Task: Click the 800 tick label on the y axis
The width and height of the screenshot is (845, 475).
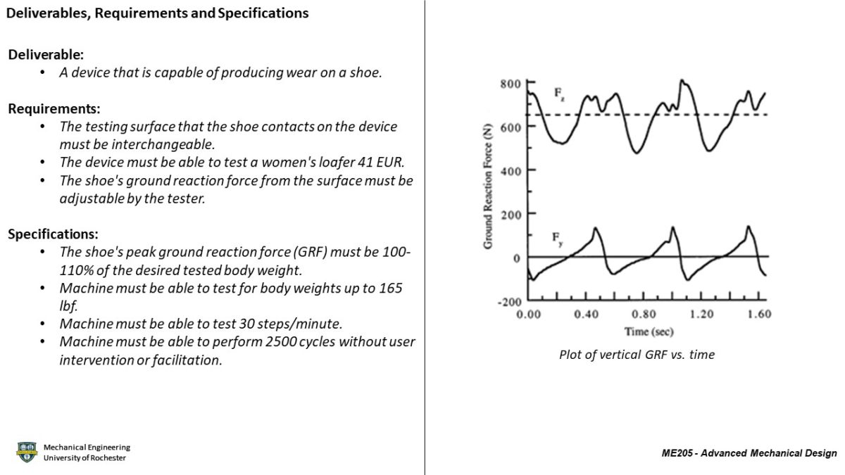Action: [510, 84]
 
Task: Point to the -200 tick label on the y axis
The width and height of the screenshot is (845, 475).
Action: [507, 302]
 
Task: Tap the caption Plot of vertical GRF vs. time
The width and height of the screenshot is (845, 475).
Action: [637, 355]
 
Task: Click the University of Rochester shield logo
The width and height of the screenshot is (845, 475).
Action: [27, 452]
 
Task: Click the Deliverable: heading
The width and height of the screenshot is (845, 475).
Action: [41, 54]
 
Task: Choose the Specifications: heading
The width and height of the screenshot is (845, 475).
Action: [53, 234]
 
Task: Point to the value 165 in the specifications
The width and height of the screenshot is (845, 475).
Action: [391, 289]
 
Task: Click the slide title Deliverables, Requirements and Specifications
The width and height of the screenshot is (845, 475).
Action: [158, 13]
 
